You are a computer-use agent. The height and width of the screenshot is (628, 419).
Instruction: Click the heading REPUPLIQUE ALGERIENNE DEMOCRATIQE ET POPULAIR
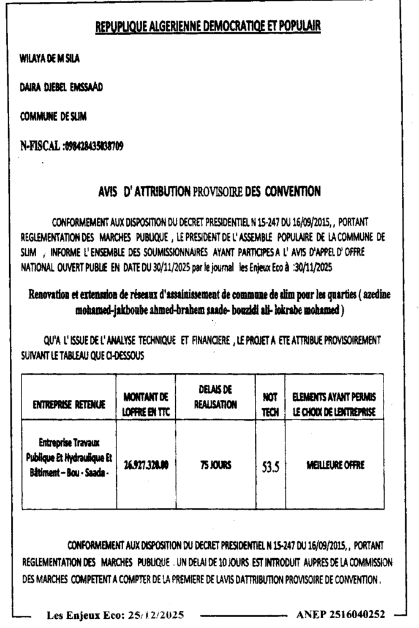(209, 27)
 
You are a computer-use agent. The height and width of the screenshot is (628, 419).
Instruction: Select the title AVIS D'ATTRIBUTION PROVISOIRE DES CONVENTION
(209, 192)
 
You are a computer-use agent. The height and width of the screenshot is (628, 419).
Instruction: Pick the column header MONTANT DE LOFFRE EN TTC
(145, 404)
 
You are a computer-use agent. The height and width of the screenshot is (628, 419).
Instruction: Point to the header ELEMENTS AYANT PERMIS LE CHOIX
(333, 405)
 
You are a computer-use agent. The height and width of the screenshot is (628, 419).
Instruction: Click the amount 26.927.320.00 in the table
(145, 465)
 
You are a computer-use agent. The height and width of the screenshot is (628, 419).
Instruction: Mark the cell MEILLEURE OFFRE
(334, 465)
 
